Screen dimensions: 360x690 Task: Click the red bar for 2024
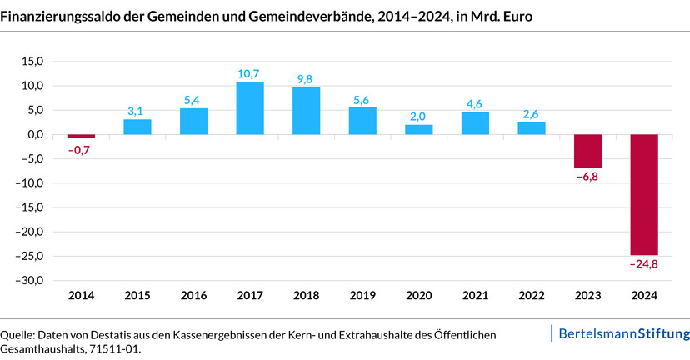(x=644, y=194)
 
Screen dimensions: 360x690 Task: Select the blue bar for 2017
(x=250, y=108)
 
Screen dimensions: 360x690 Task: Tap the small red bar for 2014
(x=81, y=136)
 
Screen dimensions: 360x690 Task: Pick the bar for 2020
(x=419, y=129)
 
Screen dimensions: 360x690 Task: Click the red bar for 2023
(x=587, y=151)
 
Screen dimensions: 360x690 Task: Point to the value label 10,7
(x=250, y=74)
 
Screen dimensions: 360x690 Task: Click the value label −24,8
(x=644, y=265)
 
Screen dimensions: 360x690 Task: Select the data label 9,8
(x=307, y=79)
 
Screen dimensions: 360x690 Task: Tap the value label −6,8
(x=587, y=177)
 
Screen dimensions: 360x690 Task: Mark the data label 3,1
(x=137, y=111)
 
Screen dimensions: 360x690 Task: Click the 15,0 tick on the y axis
(x=32, y=62)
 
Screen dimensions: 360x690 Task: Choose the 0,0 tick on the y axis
(x=34, y=134)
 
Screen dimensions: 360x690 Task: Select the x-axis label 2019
(x=362, y=296)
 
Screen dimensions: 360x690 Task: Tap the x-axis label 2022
(x=532, y=296)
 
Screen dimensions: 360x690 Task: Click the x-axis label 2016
(x=193, y=296)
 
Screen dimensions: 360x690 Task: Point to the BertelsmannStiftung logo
(x=622, y=333)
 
